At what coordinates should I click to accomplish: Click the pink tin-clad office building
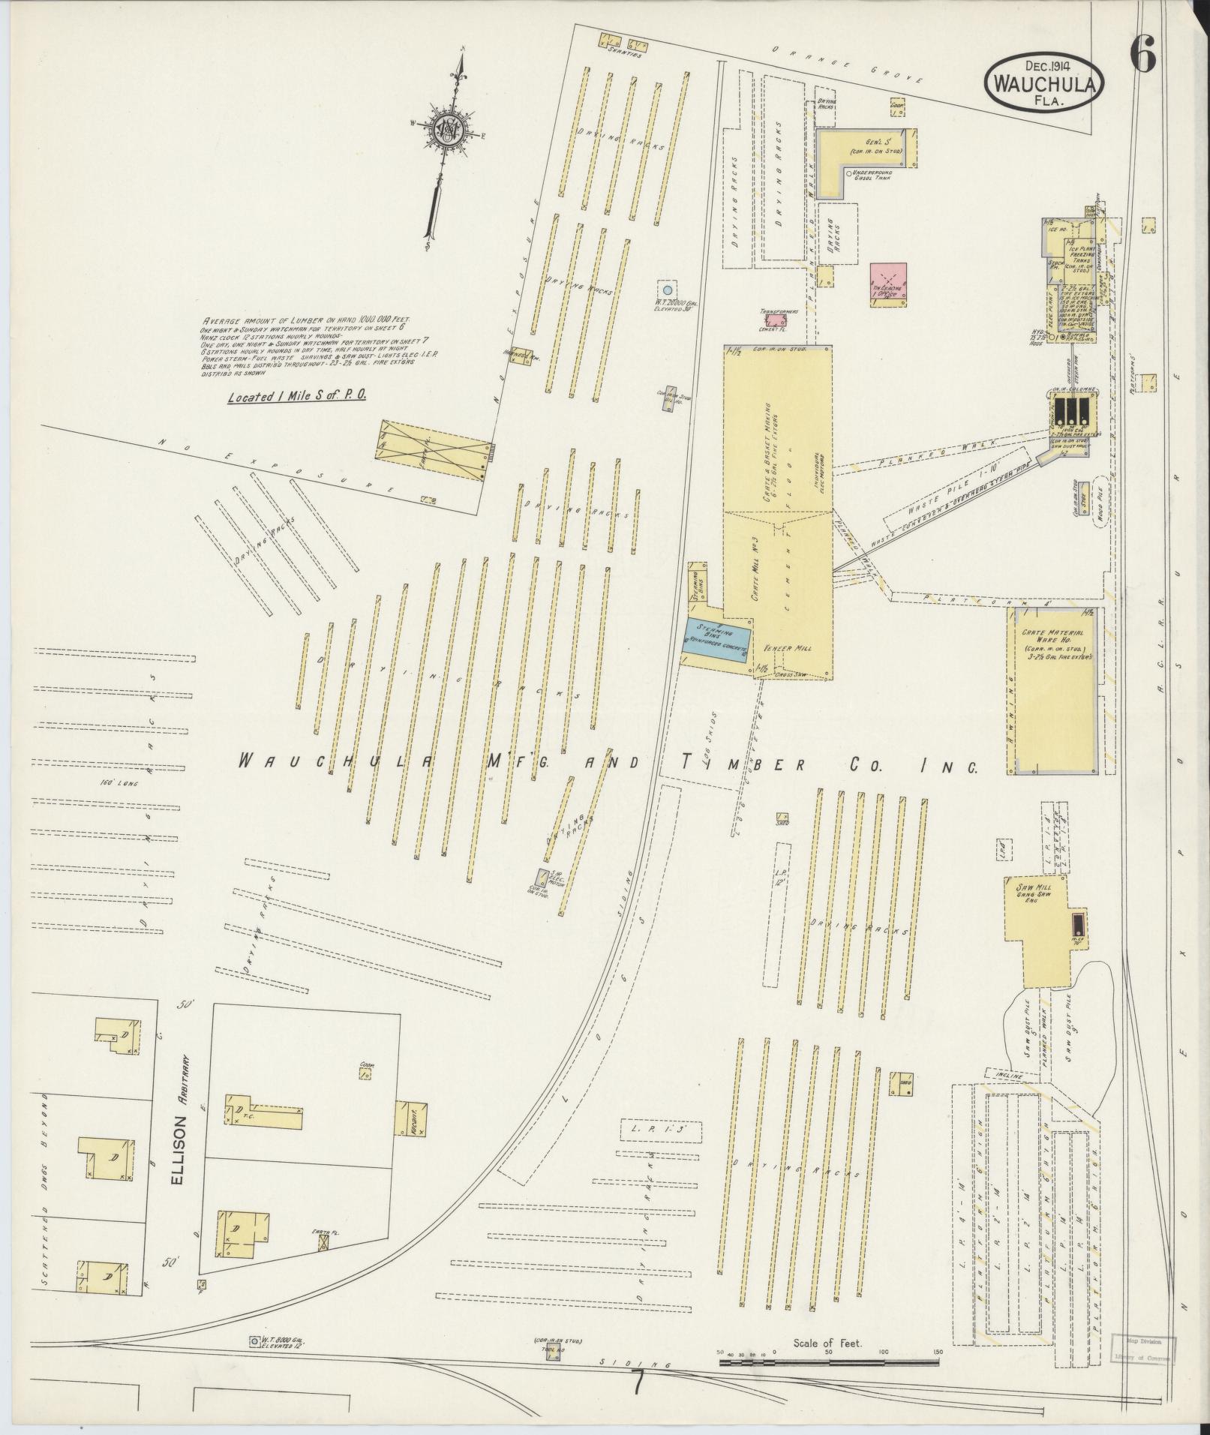click(x=888, y=283)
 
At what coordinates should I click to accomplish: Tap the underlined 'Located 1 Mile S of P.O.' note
click(x=297, y=395)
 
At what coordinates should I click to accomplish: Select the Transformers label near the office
click(x=778, y=310)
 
